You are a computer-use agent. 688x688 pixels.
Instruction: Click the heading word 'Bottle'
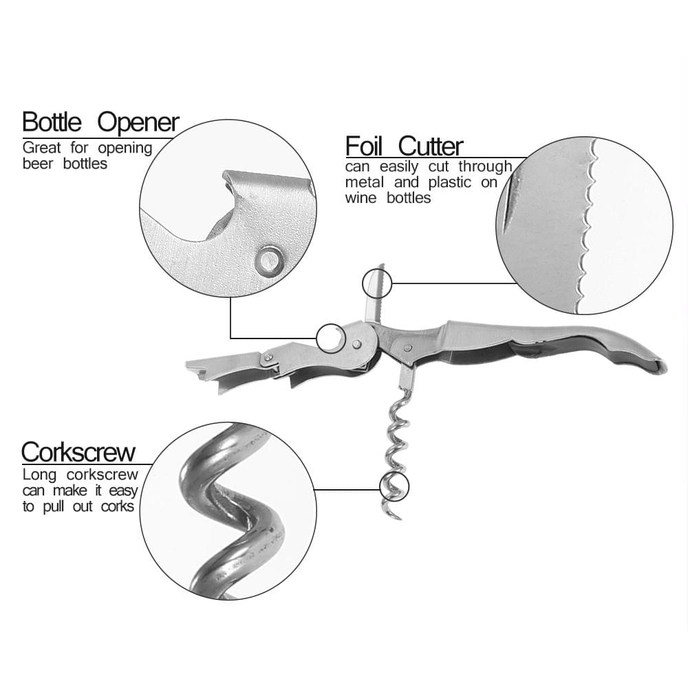[x=52, y=122]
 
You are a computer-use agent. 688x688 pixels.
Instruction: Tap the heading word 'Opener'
[x=138, y=123]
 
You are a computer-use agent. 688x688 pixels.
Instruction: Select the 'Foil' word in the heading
[x=364, y=146]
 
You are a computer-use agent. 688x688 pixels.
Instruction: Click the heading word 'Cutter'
[x=431, y=146]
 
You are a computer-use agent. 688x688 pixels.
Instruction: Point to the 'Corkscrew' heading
[x=78, y=452]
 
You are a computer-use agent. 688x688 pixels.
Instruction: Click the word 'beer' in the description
[x=37, y=164]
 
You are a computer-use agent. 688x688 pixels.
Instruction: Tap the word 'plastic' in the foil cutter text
[x=450, y=182]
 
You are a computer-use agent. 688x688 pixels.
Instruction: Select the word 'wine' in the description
[x=361, y=198]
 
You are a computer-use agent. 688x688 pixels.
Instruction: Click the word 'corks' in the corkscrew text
[x=117, y=507]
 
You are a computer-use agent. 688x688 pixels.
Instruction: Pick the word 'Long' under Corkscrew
[x=39, y=475]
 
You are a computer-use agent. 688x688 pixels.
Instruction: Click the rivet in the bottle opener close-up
[x=269, y=260]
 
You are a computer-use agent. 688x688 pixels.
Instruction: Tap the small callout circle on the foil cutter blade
[x=377, y=284]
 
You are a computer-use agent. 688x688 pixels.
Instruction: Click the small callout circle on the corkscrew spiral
[x=394, y=487]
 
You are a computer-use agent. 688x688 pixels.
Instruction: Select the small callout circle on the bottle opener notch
[x=316, y=338]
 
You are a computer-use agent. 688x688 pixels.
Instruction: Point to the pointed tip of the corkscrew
[x=400, y=519]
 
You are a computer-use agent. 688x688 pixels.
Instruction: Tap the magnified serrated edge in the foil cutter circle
[x=588, y=224]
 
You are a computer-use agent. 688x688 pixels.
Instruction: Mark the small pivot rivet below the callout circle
[x=357, y=344]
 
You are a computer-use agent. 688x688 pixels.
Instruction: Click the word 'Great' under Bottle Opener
[x=42, y=148]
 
